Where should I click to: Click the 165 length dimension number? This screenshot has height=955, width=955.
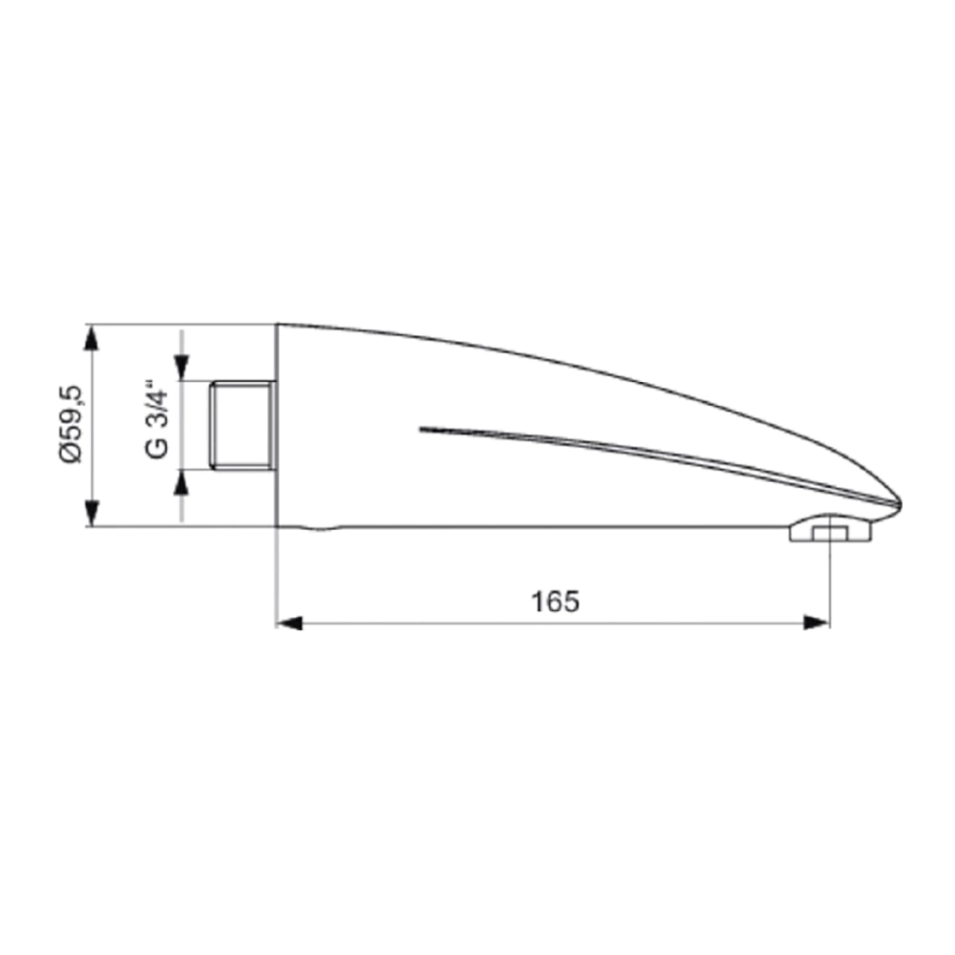[x=555, y=602]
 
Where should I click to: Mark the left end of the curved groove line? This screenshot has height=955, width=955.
[x=421, y=429]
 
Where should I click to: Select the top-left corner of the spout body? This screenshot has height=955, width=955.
[x=277, y=325]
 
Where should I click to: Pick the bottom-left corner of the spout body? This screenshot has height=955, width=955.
[x=277, y=525]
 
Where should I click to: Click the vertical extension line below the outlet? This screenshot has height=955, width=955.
[x=829, y=583]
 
